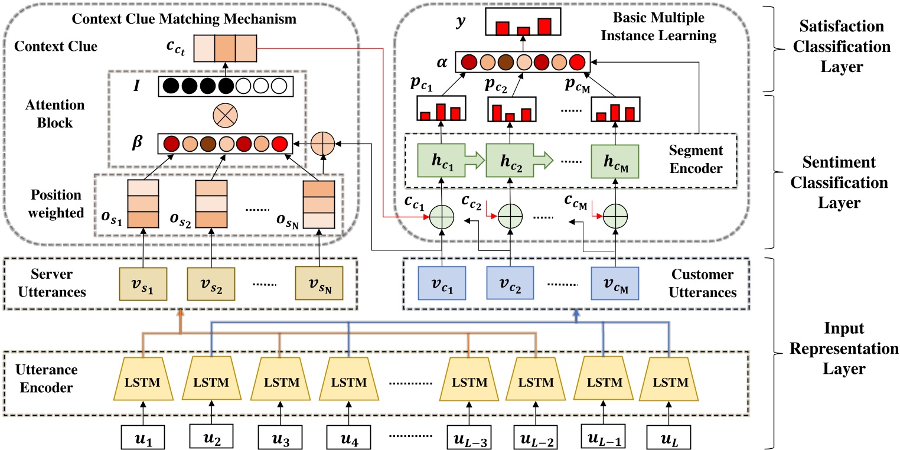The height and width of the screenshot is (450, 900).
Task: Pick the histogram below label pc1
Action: point(441,109)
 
